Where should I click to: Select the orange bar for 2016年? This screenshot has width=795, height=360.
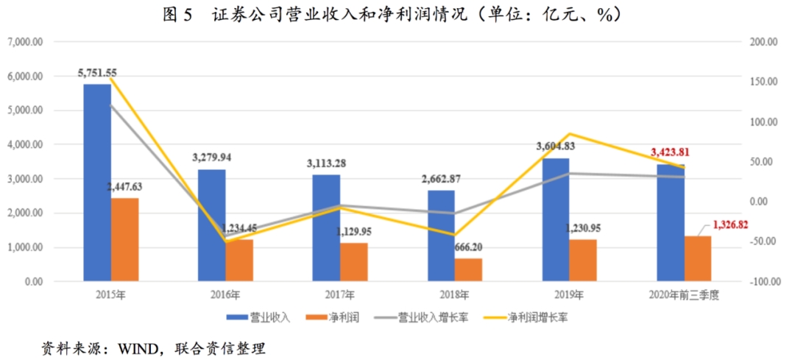239,259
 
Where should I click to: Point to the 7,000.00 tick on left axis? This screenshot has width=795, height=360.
24,42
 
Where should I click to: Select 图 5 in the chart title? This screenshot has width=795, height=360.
178,14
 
